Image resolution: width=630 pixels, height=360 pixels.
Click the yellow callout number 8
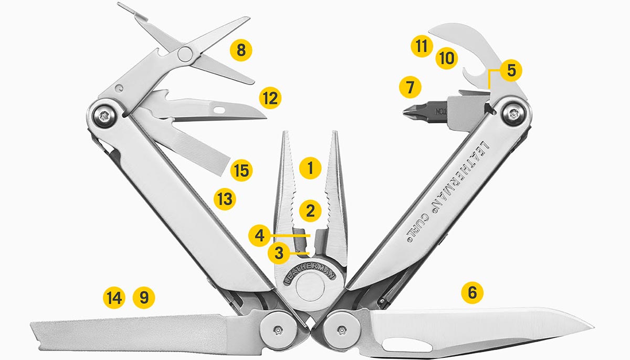241,50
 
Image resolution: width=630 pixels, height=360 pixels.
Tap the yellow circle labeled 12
270,98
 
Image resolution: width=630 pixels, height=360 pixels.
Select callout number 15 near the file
241,171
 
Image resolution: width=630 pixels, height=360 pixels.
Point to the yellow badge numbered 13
225,199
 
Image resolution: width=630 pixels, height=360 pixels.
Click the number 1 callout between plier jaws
310,168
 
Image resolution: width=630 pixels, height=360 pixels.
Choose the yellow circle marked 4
259,236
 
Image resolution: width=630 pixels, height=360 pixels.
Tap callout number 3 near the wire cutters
279,253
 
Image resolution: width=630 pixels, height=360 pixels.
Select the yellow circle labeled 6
472,292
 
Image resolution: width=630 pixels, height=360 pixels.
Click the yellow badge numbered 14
114,298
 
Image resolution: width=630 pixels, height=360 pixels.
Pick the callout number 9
144,298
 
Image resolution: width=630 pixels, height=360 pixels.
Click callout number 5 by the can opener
511,70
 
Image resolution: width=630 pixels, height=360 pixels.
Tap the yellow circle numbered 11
421,46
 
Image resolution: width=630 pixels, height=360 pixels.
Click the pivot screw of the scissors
185,54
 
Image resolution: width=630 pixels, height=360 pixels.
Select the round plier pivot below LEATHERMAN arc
310,287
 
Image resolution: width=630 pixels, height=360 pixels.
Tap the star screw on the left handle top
104,116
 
